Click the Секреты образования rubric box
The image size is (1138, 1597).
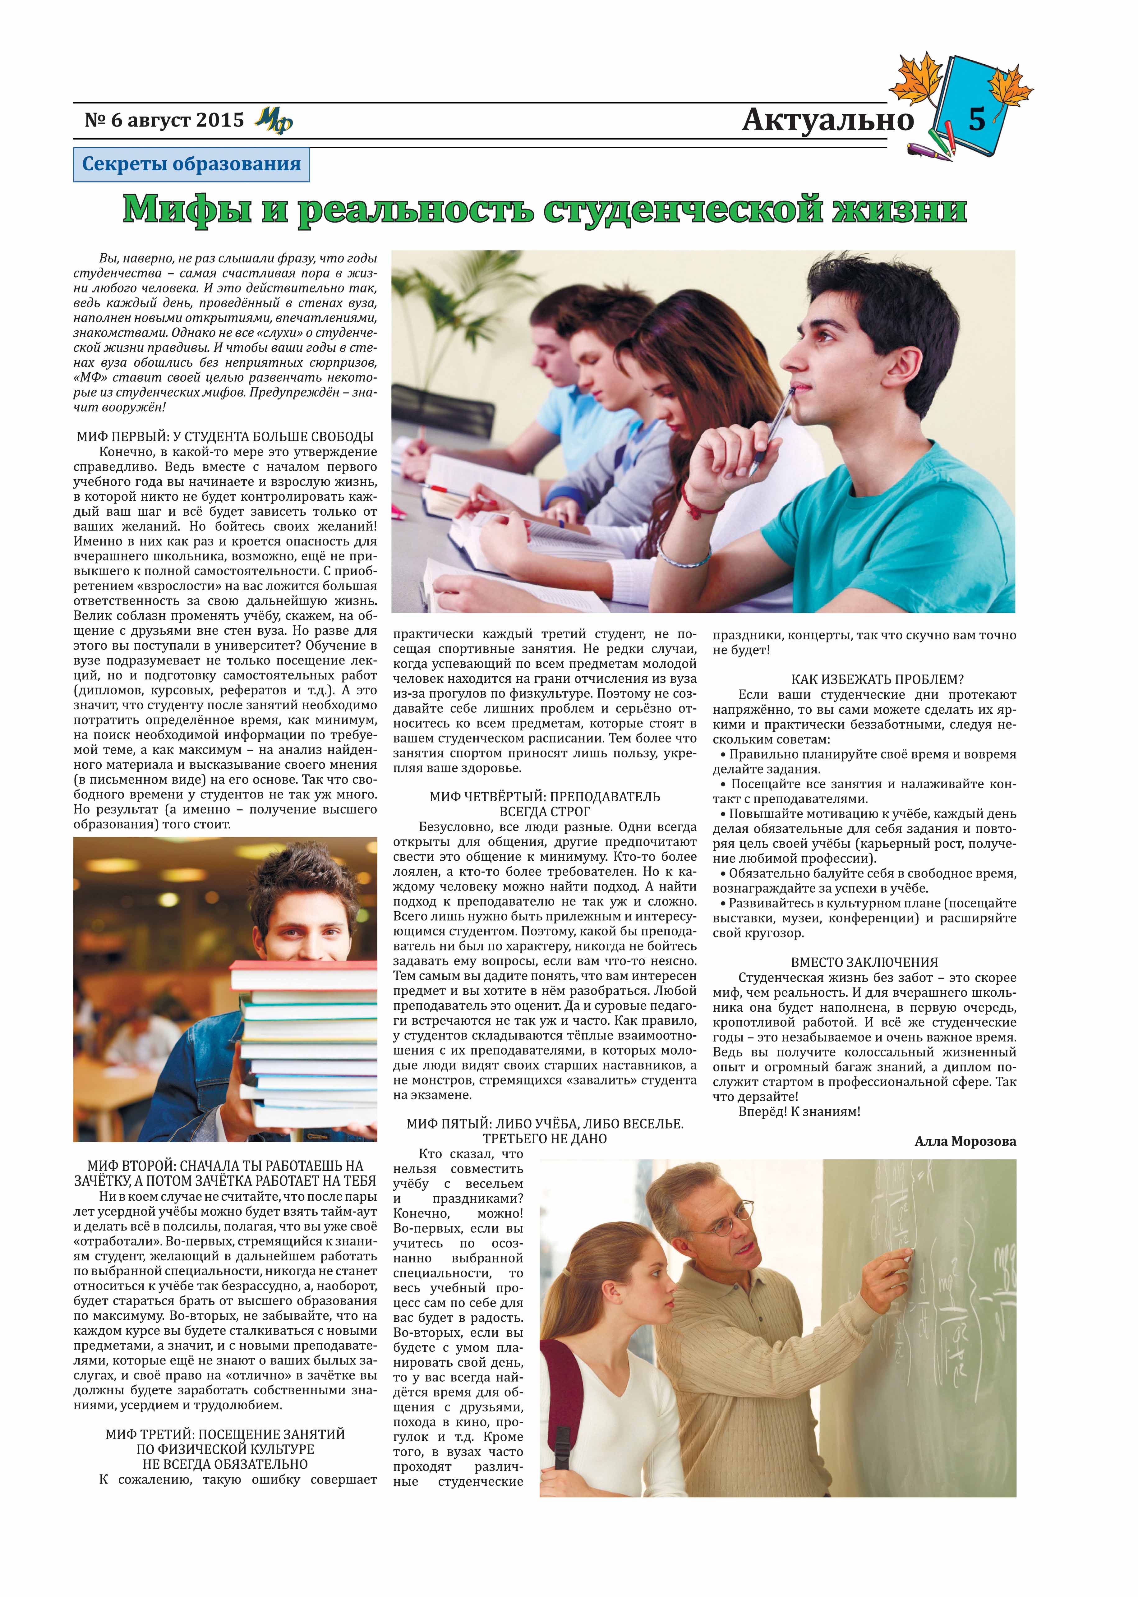tap(191, 165)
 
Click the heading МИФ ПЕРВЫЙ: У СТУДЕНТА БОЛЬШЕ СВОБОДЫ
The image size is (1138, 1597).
tap(225, 437)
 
